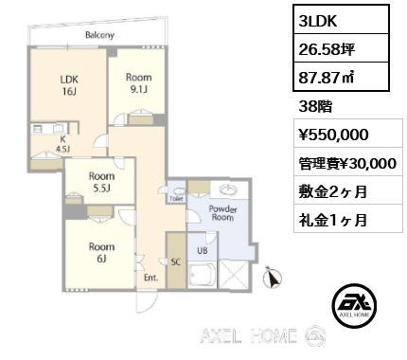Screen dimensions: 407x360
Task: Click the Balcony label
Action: pyautogui.click(x=99, y=35)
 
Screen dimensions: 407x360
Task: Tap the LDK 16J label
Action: pyautogui.click(x=69, y=85)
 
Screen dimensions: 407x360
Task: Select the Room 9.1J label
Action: pyautogui.click(x=139, y=83)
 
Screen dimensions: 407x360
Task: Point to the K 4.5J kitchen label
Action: pyautogui.click(x=62, y=144)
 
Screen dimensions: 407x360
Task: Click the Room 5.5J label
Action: pyautogui.click(x=101, y=182)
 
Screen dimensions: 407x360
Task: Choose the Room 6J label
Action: pyautogui.click(x=101, y=252)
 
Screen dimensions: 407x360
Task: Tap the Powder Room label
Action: pyautogui.click(x=222, y=213)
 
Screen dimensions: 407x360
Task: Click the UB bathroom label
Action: pyautogui.click(x=203, y=251)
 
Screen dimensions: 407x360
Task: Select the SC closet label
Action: pyautogui.click(x=176, y=261)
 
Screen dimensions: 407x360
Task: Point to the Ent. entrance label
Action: pyautogui.click(x=150, y=278)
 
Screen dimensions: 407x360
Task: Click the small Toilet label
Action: pyautogui.click(x=176, y=199)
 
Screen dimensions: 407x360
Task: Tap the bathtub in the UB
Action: pyautogui.click(x=203, y=274)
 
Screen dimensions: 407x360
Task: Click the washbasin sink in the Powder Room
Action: pyautogui.click(x=229, y=189)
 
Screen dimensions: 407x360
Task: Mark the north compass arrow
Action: pyautogui.click(x=272, y=277)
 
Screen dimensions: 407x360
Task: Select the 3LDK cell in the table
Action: pyautogui.click(x=341, y=20)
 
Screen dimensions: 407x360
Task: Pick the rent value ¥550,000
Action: pyautogui.click(x=333, y=135)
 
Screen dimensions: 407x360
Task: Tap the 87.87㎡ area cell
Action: pyautogui.click(x=341, y=77)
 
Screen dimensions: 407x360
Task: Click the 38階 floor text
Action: pyautogui.click(x=315, y=107)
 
